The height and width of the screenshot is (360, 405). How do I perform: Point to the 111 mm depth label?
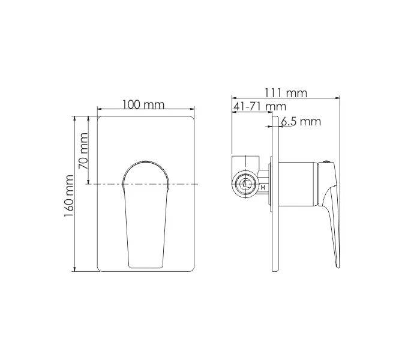click(286, 93)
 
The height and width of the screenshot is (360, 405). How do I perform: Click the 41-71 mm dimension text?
click(259, 106)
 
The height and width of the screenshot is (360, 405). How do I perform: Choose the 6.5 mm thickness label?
click(301, 122)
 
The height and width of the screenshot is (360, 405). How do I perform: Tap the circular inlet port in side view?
click(245, 185)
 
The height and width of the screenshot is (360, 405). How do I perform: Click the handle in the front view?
click(146, 216)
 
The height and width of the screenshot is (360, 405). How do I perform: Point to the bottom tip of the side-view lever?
click(337, 265)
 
